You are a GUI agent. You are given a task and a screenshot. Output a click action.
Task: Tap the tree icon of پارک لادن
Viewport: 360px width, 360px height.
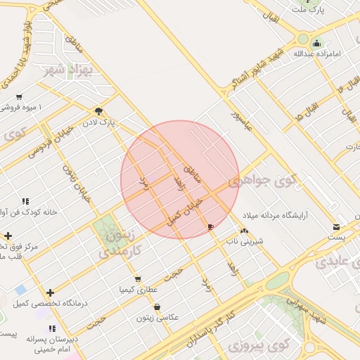98,111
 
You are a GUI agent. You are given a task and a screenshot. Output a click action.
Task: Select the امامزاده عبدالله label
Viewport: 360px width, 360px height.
318,53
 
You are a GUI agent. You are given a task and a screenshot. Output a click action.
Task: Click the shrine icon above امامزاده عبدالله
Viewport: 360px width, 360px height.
316,42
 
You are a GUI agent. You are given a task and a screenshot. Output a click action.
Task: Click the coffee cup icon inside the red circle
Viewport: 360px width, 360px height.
212,226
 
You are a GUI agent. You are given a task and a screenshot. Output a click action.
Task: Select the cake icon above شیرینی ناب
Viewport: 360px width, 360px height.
244,231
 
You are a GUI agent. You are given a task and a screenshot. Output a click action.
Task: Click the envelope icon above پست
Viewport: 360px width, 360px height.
337,227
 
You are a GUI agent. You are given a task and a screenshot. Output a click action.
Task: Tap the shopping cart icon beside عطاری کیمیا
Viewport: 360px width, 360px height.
138,278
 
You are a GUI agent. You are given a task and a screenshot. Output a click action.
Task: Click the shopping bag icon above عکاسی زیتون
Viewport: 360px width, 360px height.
156,307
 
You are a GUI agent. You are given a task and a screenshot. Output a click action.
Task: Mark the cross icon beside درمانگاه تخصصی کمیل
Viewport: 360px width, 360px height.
50,292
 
